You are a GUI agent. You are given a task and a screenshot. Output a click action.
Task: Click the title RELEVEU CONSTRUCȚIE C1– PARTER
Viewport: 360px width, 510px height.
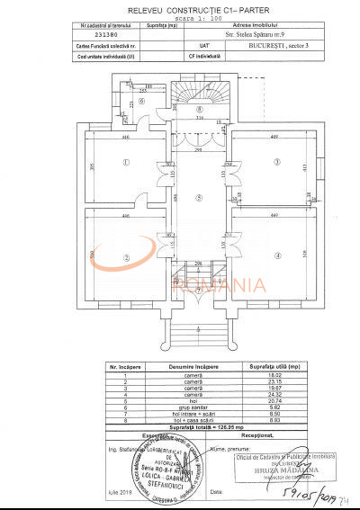(x=180, y=8)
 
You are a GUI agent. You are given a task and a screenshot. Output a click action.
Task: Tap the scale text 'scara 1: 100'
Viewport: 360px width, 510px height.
(x=180, y=17)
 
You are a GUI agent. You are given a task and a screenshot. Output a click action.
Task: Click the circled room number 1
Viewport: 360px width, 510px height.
(x=127, y=163)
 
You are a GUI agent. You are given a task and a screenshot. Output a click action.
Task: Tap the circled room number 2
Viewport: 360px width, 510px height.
(x=127, y=257)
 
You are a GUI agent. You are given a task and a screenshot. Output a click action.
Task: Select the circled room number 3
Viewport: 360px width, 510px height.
(x=278, y=162)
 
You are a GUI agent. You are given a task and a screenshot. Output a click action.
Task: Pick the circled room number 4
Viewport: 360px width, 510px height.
(x=278, y=256)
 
